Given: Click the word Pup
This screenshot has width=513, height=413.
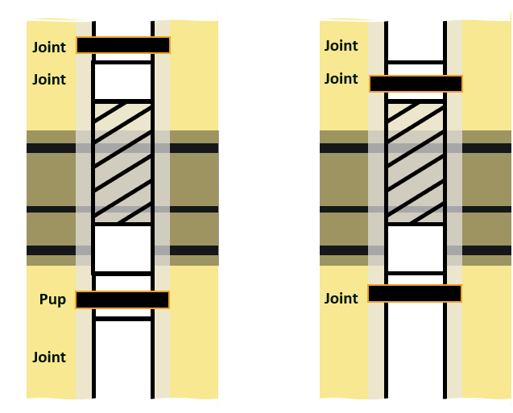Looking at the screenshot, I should pos(52,299).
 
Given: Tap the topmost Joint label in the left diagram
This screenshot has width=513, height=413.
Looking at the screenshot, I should pos(49,47).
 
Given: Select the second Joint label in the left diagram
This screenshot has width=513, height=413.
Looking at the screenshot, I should pos(49,80).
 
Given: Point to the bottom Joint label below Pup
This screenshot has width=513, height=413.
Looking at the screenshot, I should pos(49,357).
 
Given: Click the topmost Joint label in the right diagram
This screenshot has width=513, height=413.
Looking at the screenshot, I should pos(341,46).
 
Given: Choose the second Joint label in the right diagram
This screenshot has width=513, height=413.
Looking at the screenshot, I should pos(341,79).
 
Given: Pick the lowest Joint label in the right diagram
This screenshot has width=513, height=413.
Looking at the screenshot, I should pos(341,299).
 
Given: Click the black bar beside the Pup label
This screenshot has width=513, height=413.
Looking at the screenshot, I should pos(122,299).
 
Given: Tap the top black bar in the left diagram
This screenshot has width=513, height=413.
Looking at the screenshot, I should pos(123,45).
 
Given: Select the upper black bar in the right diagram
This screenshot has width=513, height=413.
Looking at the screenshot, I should pos(416,84).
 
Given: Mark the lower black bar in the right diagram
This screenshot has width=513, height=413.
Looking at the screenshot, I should pos(415,293).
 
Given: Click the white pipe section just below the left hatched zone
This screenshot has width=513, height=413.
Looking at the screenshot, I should pos(122,248).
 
